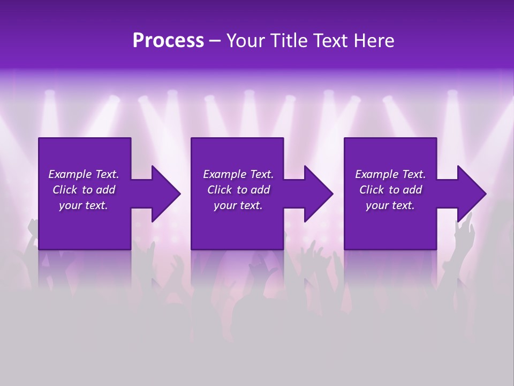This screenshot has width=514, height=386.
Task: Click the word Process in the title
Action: point(168,41)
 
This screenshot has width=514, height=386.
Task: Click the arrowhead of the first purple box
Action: point(164,194)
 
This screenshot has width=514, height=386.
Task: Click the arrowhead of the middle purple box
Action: point(316,194)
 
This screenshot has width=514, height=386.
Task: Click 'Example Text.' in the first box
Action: point(84,174)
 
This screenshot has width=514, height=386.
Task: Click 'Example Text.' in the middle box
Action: point(238,174)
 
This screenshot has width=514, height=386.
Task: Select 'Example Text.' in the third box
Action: point(390,174)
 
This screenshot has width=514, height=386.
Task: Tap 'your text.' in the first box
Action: point(84,205)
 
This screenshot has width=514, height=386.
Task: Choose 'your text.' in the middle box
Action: point(238,205)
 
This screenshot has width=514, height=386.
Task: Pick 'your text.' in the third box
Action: point(390,205)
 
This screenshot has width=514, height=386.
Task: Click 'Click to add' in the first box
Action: point(84,190)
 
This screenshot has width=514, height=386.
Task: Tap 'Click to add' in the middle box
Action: point(238,190)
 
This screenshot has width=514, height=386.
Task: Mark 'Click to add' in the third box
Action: point(390,190)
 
